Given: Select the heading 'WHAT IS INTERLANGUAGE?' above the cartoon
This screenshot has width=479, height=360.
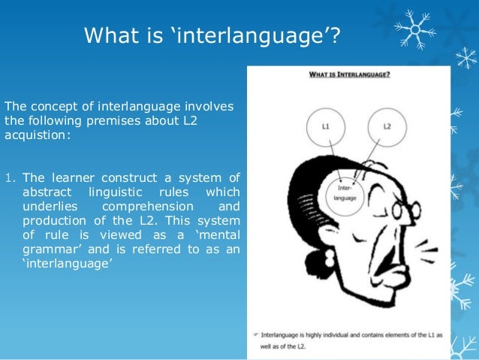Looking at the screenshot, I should pos(348,74).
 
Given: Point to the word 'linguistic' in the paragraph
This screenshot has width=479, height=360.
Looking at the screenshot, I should pos(119,192).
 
